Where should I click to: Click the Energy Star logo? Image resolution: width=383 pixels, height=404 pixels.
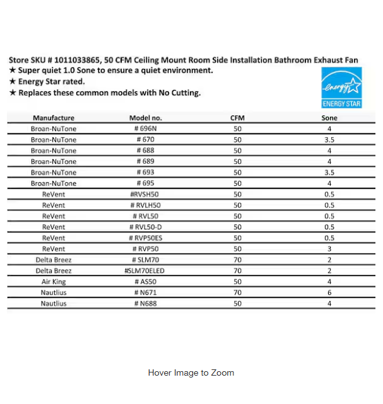coord(341,88)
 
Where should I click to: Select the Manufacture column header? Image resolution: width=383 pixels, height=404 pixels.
coord(54,118)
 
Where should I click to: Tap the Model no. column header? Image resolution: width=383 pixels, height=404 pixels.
coord(146,118)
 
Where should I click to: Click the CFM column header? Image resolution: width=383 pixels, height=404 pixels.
coord(237,118)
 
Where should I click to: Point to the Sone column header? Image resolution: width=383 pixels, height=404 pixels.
coord(329,118)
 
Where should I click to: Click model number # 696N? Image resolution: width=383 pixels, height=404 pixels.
coord(146,129)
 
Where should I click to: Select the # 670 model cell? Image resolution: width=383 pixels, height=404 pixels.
coord(146,140)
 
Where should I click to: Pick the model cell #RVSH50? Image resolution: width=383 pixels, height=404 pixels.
coord(146,194)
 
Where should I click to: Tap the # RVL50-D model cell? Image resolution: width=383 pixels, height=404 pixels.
coord(146,227)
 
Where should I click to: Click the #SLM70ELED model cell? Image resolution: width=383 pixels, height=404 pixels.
coord(146,270)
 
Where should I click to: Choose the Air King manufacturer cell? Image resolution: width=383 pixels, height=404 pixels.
coord(54,282)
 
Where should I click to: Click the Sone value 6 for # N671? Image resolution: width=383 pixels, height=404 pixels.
coord(329,292)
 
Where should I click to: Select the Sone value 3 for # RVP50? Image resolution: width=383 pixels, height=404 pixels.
coord(329,249)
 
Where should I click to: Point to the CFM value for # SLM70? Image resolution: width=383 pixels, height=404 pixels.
coord(237,260)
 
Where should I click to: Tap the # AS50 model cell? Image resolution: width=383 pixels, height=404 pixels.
coord(146,282)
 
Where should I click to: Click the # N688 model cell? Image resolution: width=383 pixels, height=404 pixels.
coord(146,303)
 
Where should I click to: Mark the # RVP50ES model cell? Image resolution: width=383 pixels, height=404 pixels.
coord(146,238)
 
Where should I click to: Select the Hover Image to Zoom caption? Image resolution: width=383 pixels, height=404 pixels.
coord(191,372)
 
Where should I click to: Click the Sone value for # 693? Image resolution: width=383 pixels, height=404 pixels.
coord(329,172)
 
